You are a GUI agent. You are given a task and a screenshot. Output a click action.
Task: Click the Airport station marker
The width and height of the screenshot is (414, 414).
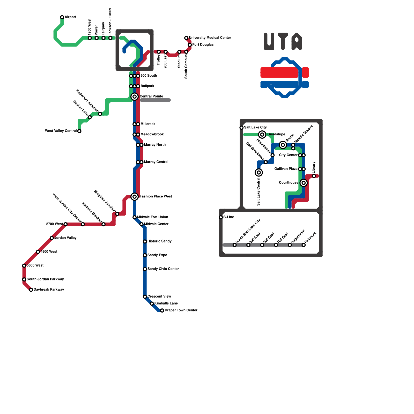point(62,17)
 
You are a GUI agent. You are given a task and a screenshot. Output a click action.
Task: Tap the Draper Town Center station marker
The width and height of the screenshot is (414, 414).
point(162,310)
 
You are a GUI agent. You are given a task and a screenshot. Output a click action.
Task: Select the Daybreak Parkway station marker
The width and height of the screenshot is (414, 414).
point(31,290)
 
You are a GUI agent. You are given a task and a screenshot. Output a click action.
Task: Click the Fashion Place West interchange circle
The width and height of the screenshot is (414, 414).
point(135,197)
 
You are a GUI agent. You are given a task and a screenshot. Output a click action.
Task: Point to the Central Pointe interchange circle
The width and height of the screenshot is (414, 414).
point(135,97)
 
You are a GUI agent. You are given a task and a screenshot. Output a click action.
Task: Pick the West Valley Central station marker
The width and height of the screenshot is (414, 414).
point(79,131)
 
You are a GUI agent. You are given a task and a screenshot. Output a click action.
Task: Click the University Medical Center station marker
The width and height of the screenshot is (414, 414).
point(186,38)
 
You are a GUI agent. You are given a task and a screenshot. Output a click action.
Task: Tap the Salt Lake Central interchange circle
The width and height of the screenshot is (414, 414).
point(259,173)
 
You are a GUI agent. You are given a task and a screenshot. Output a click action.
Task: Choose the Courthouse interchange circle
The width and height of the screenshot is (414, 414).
point(304,183)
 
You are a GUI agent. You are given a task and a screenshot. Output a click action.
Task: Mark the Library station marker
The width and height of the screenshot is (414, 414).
point(314,176)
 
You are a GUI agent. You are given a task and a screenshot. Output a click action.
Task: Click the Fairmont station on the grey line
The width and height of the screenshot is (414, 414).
point(304,245)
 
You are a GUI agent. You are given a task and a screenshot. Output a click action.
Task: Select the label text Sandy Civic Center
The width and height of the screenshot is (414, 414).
point(163,269)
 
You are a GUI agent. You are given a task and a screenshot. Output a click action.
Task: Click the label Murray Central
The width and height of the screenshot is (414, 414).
point(156,162)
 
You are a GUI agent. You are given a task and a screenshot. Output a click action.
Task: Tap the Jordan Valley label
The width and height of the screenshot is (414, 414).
point(65,238)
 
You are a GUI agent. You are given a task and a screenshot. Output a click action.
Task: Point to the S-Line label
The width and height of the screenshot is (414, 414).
point(228,217)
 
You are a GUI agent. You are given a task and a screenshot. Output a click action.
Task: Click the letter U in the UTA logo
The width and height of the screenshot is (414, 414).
point(269,41)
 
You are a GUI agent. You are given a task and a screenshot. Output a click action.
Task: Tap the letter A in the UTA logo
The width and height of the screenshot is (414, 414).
point(297,41)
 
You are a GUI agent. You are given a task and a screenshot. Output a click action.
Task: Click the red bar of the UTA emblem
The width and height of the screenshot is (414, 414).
point(284,72)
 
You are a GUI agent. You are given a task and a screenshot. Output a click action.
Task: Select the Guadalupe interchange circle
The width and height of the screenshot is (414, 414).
point(262,135)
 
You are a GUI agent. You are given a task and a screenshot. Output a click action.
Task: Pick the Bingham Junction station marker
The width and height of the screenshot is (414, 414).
point(117,214)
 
